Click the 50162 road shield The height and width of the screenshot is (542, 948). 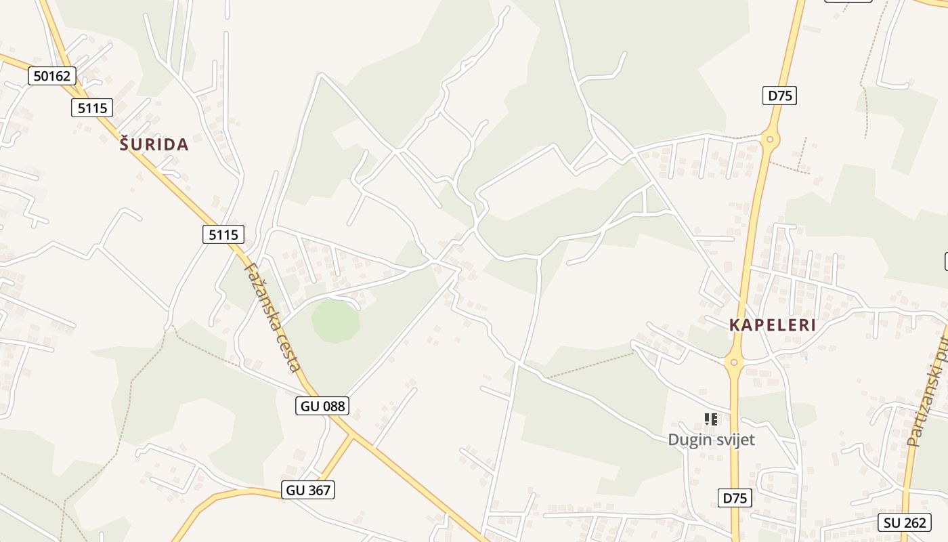52,76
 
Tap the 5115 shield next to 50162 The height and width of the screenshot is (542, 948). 91,108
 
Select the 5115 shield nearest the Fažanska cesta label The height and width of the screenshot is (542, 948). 223,234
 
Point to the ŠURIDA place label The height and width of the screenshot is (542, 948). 154,144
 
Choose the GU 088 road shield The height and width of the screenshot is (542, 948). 322,406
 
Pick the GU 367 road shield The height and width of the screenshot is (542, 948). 308,490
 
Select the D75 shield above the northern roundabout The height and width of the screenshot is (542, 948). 779,96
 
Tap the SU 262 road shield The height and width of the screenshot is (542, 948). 904,522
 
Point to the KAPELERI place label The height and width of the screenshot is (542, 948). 773,325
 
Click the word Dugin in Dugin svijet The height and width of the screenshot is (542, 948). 690,440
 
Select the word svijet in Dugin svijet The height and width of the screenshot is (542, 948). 734,440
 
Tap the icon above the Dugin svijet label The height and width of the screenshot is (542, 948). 710,419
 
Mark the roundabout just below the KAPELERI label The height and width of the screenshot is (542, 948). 734,362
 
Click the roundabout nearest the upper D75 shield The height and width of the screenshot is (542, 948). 770,140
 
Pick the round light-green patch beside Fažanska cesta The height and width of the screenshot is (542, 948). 335,320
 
